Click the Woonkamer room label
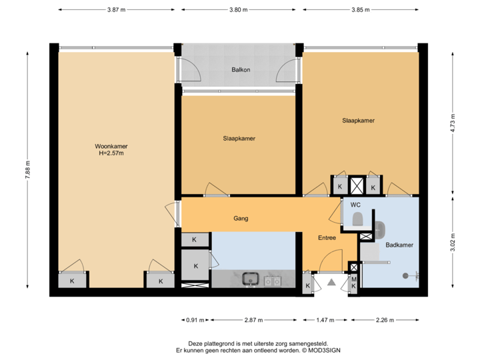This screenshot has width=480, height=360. point(111,146)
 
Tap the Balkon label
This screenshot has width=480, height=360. point(241,69)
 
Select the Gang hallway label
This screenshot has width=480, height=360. point(241,218)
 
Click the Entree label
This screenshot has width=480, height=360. point(327,238)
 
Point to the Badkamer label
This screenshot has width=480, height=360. point(399,245)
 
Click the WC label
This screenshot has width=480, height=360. point(356,205)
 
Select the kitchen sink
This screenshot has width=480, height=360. point(251,279)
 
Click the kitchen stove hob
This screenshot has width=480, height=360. point(272,281)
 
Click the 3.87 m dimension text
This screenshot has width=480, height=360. point(116,10)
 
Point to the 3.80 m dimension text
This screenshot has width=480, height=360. point(238,10)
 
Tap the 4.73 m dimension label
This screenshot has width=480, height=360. point(453,123)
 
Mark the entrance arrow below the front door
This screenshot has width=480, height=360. point(329,284)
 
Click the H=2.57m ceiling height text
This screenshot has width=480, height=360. point(111,153)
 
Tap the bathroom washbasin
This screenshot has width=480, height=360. point(380,229)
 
